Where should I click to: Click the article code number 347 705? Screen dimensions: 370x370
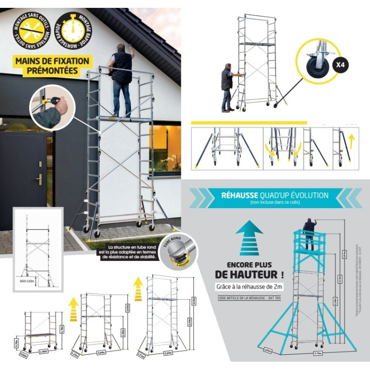click(272, 298)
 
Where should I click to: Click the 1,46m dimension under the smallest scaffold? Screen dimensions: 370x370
click(44, 351)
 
